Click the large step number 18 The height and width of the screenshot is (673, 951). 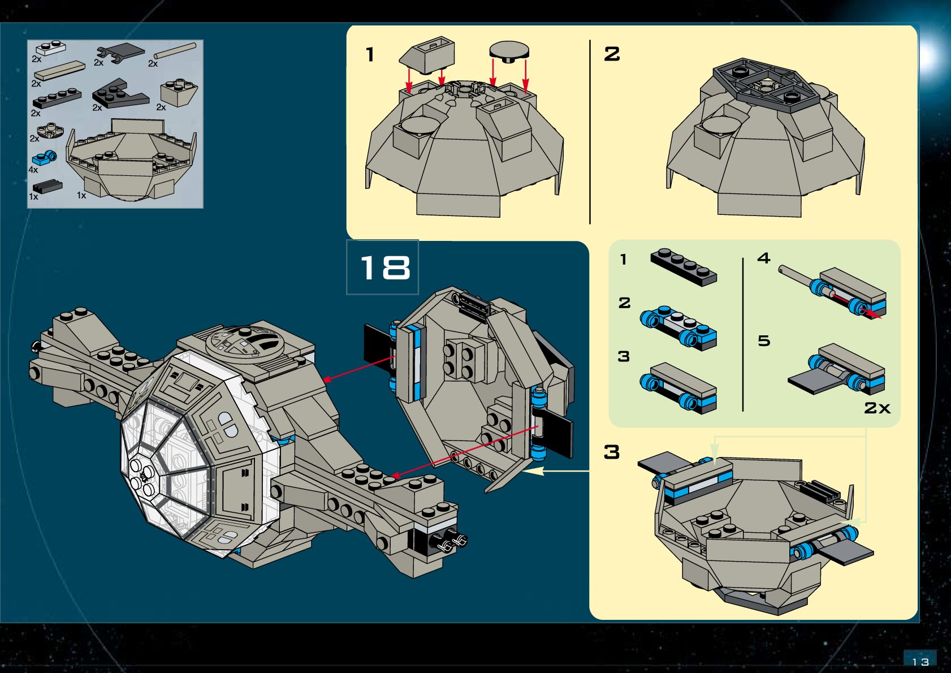[x=384, y=268]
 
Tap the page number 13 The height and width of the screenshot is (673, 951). [x=920, y=662]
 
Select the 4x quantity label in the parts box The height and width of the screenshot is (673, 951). [x=33, y=170]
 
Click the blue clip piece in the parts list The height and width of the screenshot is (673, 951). [x=44, y=158]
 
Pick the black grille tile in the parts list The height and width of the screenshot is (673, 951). [x=47, y=187]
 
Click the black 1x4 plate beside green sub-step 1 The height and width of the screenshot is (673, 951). [x=684, y=267]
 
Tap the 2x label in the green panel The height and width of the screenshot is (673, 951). [x=877, y=408]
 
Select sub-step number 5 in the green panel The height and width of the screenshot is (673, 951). [x=764, y=340]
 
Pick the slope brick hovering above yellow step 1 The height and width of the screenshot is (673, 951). [x=427, y=55]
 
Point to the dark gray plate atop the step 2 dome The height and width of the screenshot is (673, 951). [x=766, y=85]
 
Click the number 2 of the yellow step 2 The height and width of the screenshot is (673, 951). [x=612, y=54]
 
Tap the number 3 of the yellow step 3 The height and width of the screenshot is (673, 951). [x=612, y=452]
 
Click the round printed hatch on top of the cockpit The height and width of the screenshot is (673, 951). [x=245, y=341]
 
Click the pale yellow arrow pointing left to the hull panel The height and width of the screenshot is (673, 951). [x=556, y=471]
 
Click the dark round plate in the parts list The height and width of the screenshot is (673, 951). [x=50, y=131]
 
